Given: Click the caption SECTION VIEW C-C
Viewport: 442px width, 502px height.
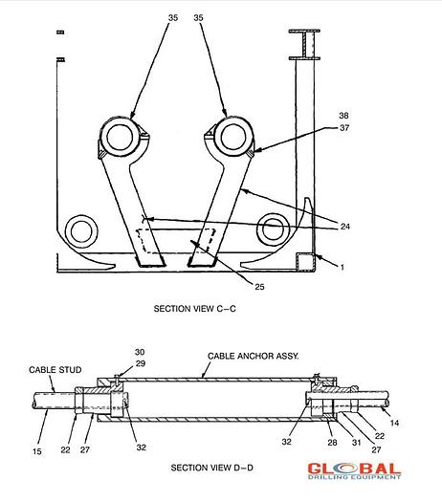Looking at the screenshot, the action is pos(195,309).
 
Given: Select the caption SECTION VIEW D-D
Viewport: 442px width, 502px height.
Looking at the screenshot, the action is pos(211,468).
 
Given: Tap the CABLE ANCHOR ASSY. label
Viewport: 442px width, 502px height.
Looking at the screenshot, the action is pos(253,356).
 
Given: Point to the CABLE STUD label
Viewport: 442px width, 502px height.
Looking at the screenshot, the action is pos(55,370).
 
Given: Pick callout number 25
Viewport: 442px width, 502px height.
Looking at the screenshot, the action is pos(259,287).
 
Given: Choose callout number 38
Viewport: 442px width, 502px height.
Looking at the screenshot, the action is pos(343,116).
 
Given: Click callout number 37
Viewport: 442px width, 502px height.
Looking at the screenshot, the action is pos(344,128).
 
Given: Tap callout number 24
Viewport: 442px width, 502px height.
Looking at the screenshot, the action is pos(344,227).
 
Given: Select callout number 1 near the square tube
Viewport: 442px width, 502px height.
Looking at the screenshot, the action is pos(343,267).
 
